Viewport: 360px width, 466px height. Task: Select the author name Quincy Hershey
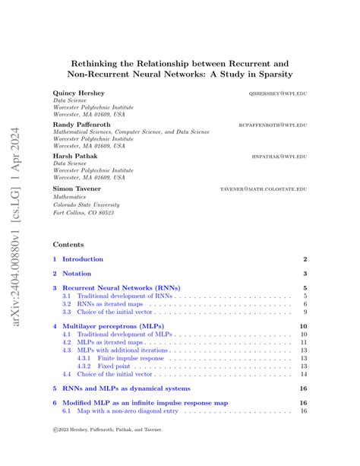click(x=79, y=93)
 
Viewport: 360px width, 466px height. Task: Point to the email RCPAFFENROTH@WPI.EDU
click(x=273, y=125)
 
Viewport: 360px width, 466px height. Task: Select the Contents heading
click(x=68, y=245)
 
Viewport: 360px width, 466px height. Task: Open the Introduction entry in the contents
click(x=82, y=259)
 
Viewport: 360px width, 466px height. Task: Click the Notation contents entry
click(x=76, y=274)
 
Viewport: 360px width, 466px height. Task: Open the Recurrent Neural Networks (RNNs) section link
click(x=122, y=288)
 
